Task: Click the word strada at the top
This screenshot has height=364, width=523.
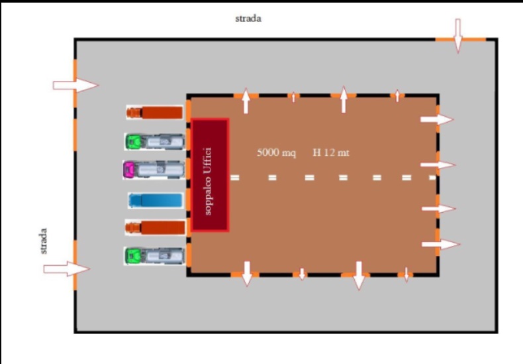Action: click(248, 19)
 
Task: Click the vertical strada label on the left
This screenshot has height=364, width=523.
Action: click(44, 241)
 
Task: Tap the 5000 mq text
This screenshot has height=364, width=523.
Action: click(276, 153)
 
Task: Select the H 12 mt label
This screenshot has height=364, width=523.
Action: click(331, 153)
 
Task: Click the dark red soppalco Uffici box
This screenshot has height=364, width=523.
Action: click(210, 176)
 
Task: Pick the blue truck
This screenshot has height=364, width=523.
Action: click(155, 200)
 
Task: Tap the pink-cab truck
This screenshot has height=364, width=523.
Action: click(154, 170)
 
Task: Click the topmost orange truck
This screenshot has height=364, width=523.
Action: click(154, 113)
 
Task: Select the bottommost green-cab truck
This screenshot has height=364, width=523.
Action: click(154, 255)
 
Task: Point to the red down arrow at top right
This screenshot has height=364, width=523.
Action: click(457, 34)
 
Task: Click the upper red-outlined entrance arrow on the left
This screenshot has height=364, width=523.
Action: click(75, 85)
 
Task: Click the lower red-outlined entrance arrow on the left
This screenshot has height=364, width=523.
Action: click(66, 269)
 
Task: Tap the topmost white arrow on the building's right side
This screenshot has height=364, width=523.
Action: click(437, 120)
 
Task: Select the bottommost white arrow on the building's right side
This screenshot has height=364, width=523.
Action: click(440, 245)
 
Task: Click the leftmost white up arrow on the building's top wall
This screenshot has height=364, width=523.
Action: click(246, 101)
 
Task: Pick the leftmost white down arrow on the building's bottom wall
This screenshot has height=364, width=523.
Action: click(247, 273)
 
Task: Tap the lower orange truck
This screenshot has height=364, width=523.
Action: click(155, 227)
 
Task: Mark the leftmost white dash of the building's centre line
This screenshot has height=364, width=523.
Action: click(235, 178)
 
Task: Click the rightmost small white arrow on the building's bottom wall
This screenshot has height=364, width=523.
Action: click(406, 274)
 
